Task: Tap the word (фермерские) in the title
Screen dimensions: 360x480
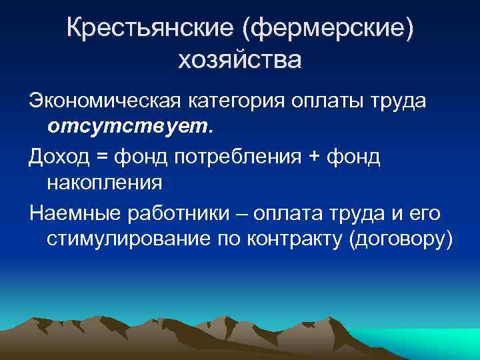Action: (326, 29)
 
